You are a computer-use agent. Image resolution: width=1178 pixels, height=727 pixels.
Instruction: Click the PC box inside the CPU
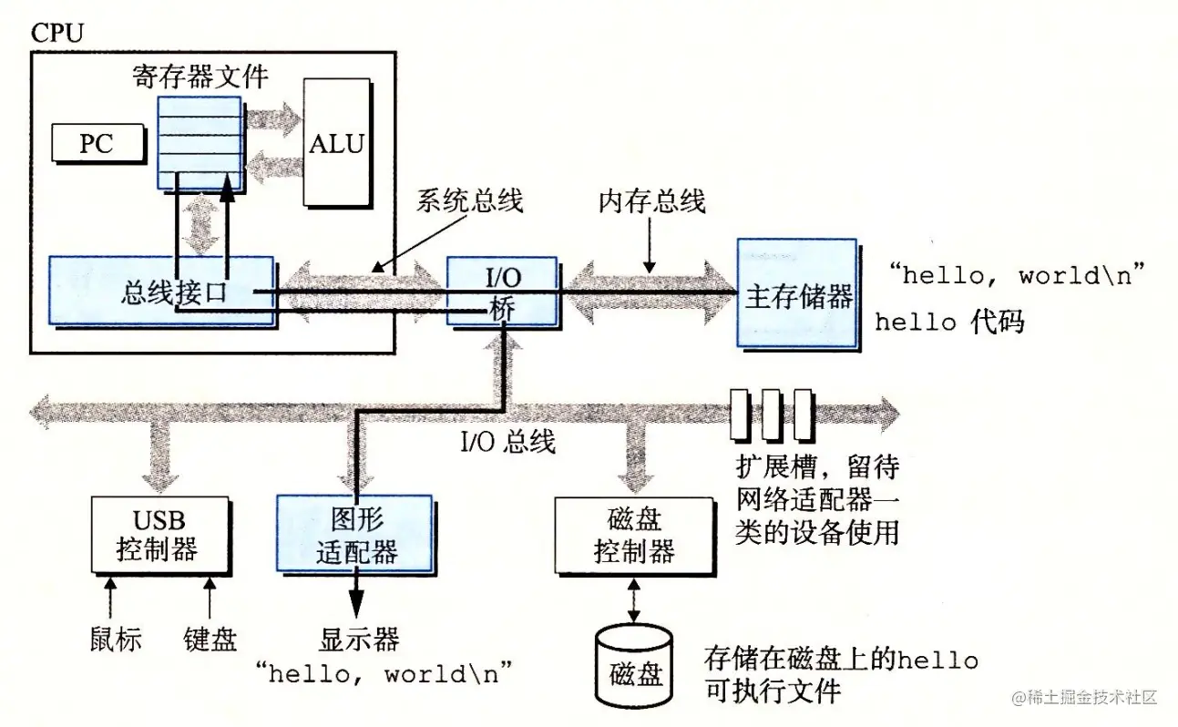coord(97,143)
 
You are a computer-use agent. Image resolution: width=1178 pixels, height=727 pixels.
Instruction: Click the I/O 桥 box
coord(502,291)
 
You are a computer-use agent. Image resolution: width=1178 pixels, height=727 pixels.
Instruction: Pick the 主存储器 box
coord(797,294)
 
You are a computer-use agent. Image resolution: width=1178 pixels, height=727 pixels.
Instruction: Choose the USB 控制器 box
coord(159,536)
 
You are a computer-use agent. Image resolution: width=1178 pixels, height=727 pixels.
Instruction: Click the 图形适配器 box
coord(355,536)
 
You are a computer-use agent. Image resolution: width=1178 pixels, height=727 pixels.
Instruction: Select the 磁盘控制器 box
coord(634,536)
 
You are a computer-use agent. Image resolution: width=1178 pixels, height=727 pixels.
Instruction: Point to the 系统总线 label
coord(470,200)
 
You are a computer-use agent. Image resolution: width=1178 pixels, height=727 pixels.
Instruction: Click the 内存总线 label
coord(652,200)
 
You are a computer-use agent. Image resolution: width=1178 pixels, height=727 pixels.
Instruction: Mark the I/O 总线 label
coord(507,443)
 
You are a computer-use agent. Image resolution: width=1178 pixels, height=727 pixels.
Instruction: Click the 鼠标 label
coord(116,639)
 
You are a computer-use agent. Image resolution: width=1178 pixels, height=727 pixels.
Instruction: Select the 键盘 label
coord(210,639)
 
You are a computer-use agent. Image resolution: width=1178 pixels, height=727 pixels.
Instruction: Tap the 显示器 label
coord(359,639)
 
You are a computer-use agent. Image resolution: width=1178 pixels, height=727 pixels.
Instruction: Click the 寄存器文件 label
coord(200,77)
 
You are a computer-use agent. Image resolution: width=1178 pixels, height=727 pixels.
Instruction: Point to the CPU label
coord(56,35)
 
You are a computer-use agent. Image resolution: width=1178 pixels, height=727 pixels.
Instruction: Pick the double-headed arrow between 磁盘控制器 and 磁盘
coord(634,598)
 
